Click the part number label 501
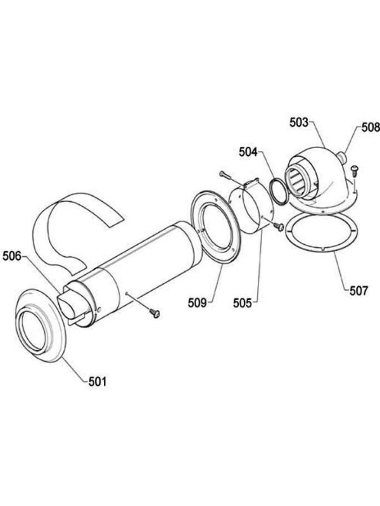[98, 382]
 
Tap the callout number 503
[299, 122]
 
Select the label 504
[248, 152]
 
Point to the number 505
[243, 303]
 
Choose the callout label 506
[12, 256]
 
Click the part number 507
[358, 291]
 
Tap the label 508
[370, 127]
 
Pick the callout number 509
[197, 303]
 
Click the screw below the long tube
[155, 313]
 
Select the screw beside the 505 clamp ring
[279, 227]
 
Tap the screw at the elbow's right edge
[355, 170]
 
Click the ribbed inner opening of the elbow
[299, 182]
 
